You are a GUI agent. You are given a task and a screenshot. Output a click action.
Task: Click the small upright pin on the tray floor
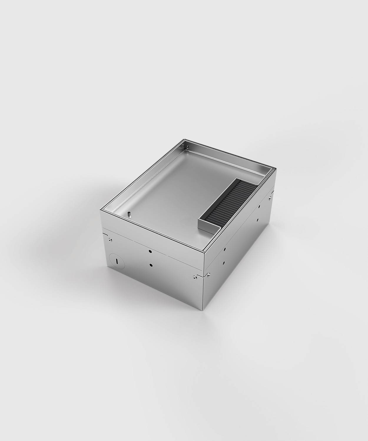(x=129, y=214)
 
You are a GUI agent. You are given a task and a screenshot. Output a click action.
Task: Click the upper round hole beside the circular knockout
(x=150, y=252)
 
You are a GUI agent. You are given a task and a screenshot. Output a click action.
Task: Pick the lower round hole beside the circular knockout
(x=151, y=265)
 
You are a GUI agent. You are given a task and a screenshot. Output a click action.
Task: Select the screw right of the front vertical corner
(x=208, y=275)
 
